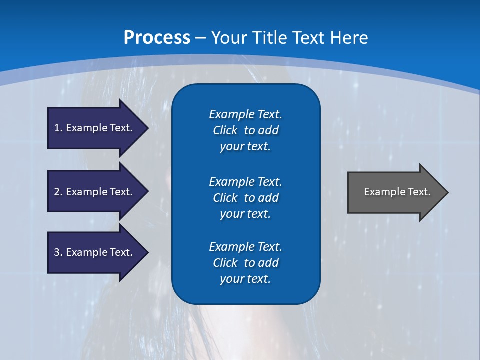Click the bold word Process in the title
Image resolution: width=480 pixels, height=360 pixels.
(157, 38)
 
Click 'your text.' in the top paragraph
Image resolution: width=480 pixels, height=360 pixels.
(245, 147)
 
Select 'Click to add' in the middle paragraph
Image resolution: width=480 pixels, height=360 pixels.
(245, 198)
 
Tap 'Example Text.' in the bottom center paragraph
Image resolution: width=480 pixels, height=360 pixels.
(245, 247)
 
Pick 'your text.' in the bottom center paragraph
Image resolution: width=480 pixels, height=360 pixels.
(245, 279)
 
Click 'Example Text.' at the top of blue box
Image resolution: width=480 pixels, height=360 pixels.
(245, 114)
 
